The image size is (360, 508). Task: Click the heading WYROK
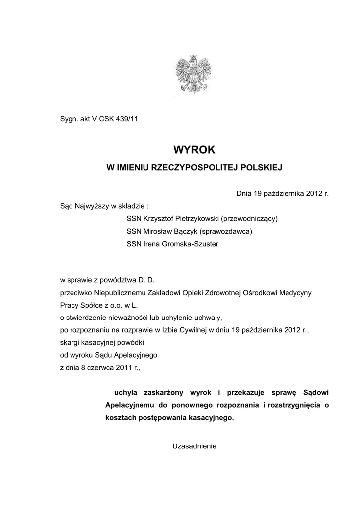[194, 149]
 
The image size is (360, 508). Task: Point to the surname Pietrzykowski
[195, 218]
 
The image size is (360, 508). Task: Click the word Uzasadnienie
[194, 446]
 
